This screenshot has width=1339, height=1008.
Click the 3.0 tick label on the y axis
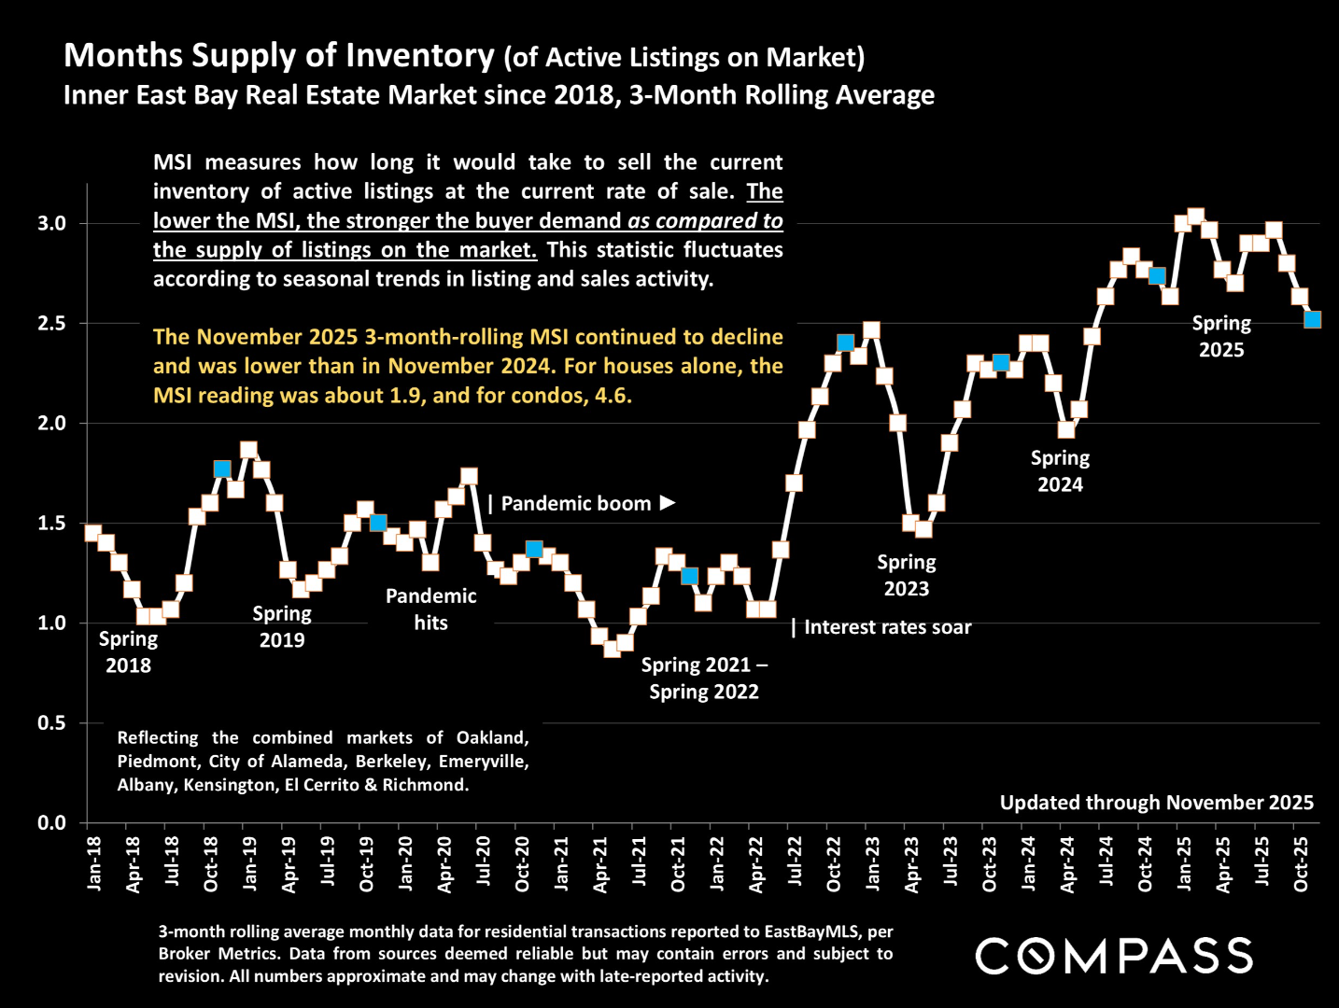(51, 224)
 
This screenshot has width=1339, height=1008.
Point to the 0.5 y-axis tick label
(51, 723)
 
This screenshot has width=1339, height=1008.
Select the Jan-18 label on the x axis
(94, 863)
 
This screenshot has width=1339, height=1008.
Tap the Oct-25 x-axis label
(1301, 863)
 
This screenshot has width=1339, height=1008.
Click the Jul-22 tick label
(796, 863)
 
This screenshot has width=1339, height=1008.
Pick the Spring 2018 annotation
(128, 652)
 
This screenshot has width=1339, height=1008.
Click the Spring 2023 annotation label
(906, 576)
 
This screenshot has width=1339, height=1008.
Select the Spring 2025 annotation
(1221, 337)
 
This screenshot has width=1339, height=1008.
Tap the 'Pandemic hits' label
(430, 609)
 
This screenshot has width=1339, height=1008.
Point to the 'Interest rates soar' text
(887, 627)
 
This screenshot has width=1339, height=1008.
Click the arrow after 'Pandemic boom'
(667, 503)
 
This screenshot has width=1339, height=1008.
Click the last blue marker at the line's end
(1312, 319)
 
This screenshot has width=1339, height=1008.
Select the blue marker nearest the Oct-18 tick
(222, 469)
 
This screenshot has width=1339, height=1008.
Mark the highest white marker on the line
(1195, 217)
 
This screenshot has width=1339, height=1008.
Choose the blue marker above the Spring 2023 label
(845, 343)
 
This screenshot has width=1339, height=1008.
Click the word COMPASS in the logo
(1114, 957)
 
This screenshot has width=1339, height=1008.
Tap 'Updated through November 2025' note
(1156, 803)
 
